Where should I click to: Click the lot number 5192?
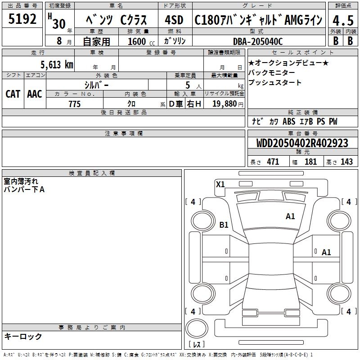coord(22,19)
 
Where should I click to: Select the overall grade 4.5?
coord(343,20)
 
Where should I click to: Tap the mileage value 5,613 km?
coord(57,64)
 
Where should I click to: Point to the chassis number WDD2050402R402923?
coord(302,143)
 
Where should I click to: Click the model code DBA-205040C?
coord(258,41)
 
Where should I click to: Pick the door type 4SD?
coord(174,20)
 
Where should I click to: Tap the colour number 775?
coord(75,104)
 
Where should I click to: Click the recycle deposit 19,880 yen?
coord(228,104)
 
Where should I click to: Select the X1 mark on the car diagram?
coord(220,184)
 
